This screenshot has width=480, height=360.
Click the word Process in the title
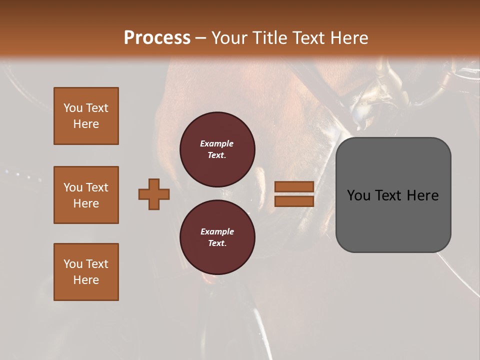click(x=157, y=38)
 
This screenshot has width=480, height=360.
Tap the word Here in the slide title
click(x=347, y=38)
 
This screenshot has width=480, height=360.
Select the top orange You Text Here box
click(x=86, y=116)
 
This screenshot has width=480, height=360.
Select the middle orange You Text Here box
click(x=86, y=195)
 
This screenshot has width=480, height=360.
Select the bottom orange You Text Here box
click(x=86, y=272)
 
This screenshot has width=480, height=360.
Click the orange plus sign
click(x=154, y=194)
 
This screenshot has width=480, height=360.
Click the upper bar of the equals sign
click(x=294, y=186)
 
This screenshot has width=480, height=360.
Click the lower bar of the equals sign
click(x=294, y=201)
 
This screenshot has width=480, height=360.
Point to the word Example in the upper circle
click(x=216, y=143)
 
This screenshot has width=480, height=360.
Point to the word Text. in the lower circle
click(x=217, y=243)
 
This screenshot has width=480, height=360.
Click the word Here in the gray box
click(x=422, y=195)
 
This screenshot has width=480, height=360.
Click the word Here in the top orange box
click(x=86, y=124)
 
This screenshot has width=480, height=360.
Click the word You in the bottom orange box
click(x=73, y=264)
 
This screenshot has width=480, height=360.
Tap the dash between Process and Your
click(x=200, y=38)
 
